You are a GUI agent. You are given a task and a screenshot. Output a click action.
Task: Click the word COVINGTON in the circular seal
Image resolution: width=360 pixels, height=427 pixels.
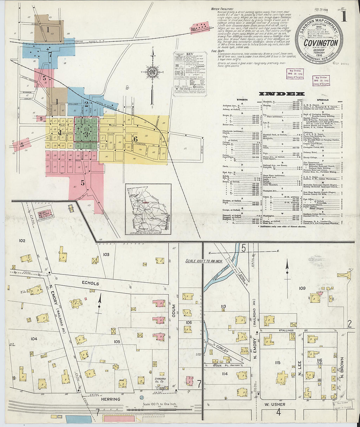click(x=320, y=43)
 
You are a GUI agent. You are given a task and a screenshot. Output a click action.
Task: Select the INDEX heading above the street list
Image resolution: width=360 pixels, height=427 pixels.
click(x=277, y=94)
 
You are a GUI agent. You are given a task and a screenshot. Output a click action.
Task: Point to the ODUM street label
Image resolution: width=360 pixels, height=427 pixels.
click(x=174, y=312)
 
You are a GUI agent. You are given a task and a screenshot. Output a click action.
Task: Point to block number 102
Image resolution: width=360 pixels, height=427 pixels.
click(x=22, y=241)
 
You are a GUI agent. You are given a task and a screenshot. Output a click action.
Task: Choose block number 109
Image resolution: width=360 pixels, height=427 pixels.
click(x=302, y=288)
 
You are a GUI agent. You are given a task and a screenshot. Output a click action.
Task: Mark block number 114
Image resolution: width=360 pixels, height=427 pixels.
click(x=224, y=374)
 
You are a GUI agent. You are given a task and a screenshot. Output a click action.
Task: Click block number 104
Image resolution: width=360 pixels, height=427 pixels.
click(x=34, y=339)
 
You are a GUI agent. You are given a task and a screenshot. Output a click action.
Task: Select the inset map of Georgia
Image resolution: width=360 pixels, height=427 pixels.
click(x=148, y=209)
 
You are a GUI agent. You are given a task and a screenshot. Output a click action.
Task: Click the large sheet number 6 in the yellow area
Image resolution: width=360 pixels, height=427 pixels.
click(x=135, y=139)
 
